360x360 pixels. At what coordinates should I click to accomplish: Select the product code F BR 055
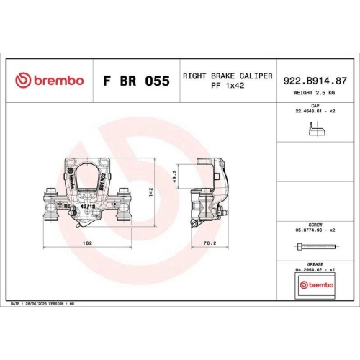pyautogui.click(x=138, y=81)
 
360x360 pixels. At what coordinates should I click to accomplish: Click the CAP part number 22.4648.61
pyautogui.click(x=312, y=112)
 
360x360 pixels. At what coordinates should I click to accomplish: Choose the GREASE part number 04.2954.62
pyautogui.click(x=312, y=270)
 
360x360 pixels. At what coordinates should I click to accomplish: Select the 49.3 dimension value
pyautogui.click(x=175, y=176)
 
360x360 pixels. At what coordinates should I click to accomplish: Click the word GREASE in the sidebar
pyautogui.click(x=315, y=264)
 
